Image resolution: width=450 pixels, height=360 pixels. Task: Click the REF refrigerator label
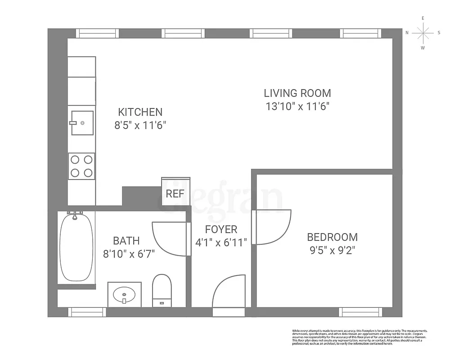point(175,194)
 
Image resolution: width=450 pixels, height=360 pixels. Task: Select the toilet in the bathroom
point(162,290)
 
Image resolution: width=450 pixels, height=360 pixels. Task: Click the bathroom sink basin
point(124,295)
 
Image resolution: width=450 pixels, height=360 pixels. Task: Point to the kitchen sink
point(82,122)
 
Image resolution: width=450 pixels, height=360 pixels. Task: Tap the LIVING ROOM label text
point(297,93)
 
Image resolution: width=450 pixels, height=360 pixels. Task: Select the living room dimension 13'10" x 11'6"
point(297,107)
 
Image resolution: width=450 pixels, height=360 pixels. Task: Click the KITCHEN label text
point(140,112)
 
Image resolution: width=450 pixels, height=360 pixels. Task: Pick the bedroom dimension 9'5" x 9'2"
point(332,250)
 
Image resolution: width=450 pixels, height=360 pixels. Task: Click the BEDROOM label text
point(332,237)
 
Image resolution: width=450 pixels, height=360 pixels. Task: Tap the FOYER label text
point(220,229)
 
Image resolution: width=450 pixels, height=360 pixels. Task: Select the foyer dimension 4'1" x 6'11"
point(221,243)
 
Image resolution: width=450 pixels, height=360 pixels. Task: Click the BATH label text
point(126,241)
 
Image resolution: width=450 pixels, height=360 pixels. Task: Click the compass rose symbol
point(423,32)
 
